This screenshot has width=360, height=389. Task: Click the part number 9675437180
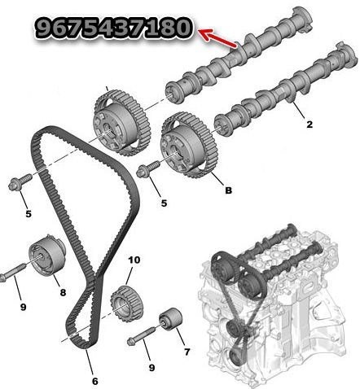point(113,28)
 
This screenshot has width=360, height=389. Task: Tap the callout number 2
point(310,125)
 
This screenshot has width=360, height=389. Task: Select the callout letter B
point(229,190)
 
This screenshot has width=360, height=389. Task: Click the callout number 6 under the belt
point(94,381)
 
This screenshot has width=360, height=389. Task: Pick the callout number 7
point(187,352)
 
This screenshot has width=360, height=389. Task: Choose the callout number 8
point(63,292)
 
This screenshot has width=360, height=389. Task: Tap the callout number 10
point(134,260)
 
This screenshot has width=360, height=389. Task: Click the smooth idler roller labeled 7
point(171,320)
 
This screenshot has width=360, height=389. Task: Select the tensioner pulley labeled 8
point(47,255)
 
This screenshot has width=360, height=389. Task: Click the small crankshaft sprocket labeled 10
point(127,304)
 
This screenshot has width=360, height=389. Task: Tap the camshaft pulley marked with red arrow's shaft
point(121,122)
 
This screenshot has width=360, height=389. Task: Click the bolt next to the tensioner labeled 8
point(12,272)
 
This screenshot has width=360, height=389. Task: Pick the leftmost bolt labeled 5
point(20,181)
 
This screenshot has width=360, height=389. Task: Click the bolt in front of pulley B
point(148,168)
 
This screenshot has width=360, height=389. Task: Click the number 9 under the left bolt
point(23,307)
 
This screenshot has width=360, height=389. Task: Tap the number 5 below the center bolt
point(164,203)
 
